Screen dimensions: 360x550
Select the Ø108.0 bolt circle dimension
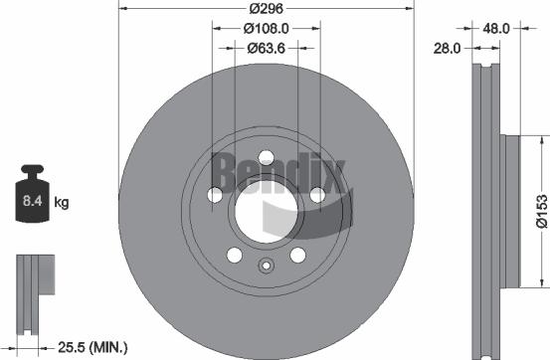(x=266, y=30)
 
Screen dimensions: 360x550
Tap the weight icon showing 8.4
(x=31, y=202)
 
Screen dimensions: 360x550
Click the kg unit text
(x=62, y=203)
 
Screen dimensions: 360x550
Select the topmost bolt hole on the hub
(x=266, y=155)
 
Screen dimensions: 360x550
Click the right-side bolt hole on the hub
(x=317, y=195)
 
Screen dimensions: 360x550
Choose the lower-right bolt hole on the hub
(x=297, y=256)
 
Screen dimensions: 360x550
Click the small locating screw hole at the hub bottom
(x=266, y=266)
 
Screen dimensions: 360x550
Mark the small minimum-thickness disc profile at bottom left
(x=31, y=282)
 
